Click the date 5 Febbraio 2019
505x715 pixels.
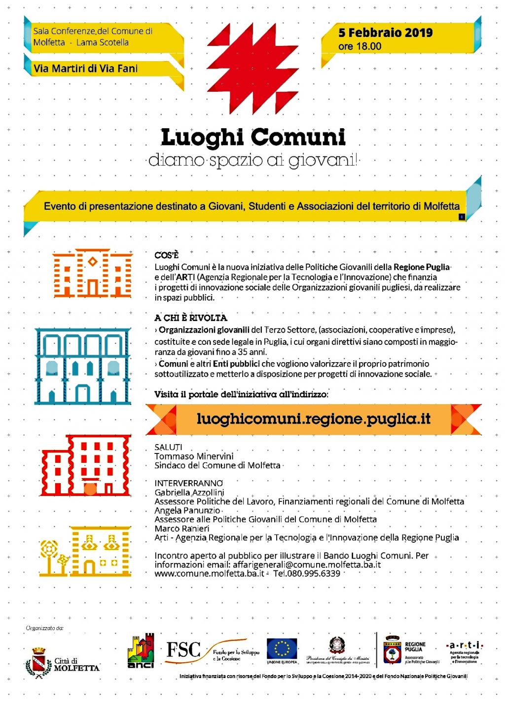[385, 33]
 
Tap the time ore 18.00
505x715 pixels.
[360, 46]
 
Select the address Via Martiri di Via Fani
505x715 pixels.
[85, 69]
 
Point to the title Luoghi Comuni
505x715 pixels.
[253, 137]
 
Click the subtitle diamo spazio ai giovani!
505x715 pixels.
[253, 160]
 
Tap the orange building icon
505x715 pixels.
[93, 273]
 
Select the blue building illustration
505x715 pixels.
[83, 366]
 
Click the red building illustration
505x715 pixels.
[86, 465]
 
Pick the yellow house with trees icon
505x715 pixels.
[86, 551]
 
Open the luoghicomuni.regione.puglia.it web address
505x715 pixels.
[313, 419]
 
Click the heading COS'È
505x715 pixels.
[166, 255]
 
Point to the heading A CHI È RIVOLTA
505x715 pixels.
[190, 318]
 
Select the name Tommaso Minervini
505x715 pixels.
[194, 456]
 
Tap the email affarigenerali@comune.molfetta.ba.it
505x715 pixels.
[307, 564]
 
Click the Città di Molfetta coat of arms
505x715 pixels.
[38, 663]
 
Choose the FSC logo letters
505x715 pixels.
[183, 650]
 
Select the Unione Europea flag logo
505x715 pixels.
[282, 648]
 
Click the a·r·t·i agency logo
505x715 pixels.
[464, 645]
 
